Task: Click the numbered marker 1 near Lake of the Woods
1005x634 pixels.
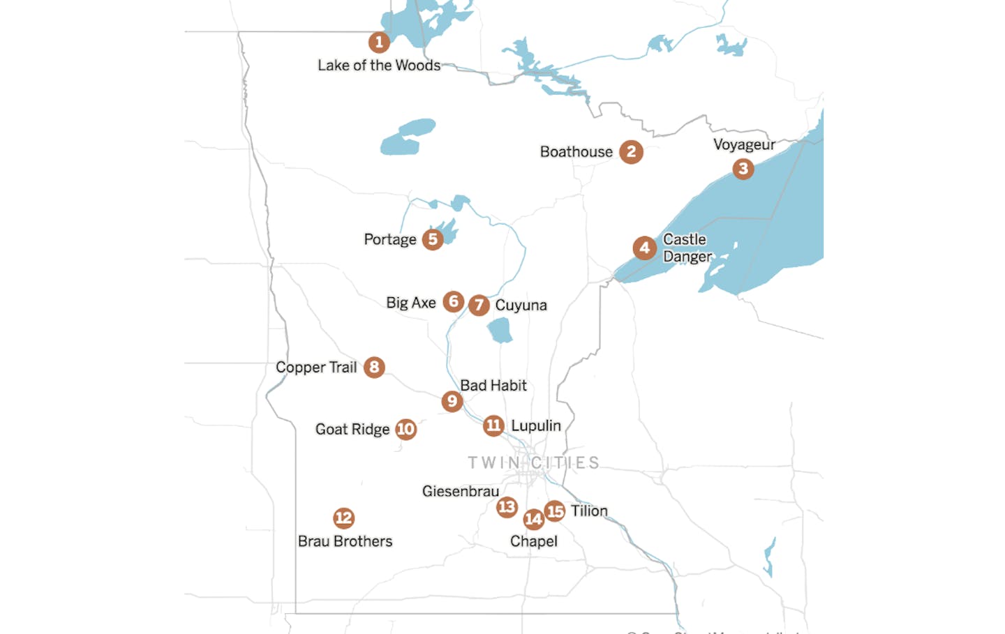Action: click(x=379, y=43)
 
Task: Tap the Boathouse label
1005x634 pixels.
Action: click(x=576, y=152)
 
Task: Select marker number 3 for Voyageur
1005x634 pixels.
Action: click(x=743, y=169)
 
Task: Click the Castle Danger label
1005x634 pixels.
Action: click(x=687, y=248)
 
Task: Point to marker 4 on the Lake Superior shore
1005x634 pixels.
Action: click(x=644, y=248)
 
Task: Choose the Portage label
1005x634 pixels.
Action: click(x=389, y=240)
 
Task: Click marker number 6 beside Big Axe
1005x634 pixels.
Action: click(x=454, y=301)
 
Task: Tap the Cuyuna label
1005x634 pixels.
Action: click(x=521, y=305)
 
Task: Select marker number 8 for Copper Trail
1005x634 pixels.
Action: click(x=374, y=367)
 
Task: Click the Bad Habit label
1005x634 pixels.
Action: click(x=493, y=386)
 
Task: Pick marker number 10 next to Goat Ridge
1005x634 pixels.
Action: click(x=405, y=429)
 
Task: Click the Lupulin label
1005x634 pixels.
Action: click(x=535, y=425)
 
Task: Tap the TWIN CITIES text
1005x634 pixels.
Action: click(x=533, y=463)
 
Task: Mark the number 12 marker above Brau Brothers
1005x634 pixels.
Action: click(x=343, y=518)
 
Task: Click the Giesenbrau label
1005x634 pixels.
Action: click(x=460, y=492)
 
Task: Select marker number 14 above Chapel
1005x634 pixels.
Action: click(x=533, y=519)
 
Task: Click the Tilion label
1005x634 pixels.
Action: click(x=589, y=511)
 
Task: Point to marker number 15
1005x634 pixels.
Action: click(x=555, y=511)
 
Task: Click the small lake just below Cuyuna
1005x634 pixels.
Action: click(x=500, y=331)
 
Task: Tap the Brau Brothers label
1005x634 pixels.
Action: click(x=345, y=541)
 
